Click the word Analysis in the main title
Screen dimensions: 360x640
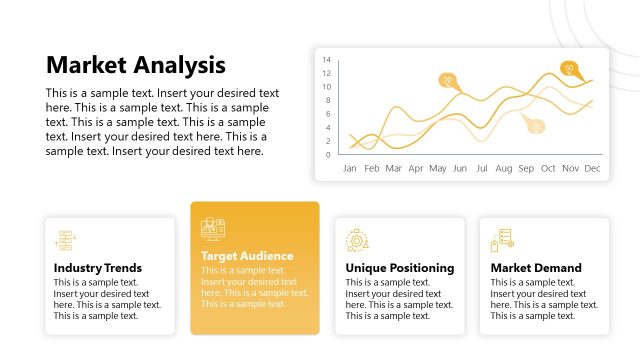(x=180, y=65)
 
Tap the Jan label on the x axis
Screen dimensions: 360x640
(x=350, y=169)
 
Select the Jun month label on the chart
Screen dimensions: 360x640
(x=460, y=169)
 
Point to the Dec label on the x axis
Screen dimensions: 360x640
(x=592, y=169)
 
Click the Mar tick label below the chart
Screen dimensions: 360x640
(x=394, y=169)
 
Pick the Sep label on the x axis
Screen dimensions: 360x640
(x=526, y=169)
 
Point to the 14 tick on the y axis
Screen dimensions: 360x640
(x=326, y=59)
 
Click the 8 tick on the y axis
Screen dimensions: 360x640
(x=328, y=100)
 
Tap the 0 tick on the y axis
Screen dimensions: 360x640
(x=328, y=155)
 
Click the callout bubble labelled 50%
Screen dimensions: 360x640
(x=569, y=68)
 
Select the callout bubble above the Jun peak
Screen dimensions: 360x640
(x=448, y=80)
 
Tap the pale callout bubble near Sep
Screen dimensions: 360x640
(x=536, y=126)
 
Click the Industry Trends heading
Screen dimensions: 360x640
(x=98, y=268)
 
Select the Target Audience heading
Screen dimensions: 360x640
(x=247, y=256)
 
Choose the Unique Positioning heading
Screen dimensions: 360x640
(x=399, y=268)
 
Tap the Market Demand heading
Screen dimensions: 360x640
(x=536, y=268)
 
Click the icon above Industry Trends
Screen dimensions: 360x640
(x=65, y=240)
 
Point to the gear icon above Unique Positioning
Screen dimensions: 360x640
(x=357, y=240)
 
